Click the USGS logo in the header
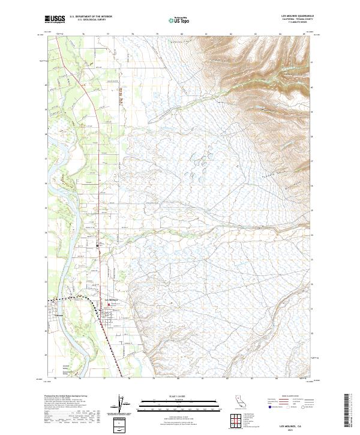coord(55,19)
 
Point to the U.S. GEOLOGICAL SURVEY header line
coord(89,20)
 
